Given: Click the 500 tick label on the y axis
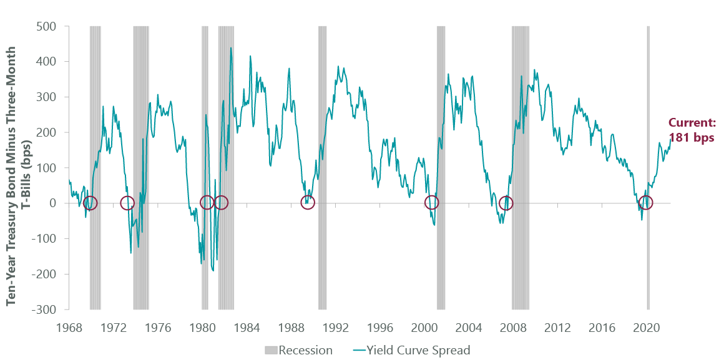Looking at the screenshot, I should coord(47,26).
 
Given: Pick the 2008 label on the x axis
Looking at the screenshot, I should coord(513,327).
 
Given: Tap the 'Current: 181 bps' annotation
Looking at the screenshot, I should coord(691,130).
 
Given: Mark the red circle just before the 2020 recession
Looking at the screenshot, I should coord(646,202).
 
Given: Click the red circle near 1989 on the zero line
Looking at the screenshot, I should coord(307,202).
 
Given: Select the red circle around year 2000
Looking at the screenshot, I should coord(431,202).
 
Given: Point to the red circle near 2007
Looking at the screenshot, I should coord(506,203).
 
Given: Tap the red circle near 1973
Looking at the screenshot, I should coord(127,203).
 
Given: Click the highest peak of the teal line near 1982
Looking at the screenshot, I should coord(231,48).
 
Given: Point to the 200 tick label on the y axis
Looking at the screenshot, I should coord(47,132).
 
